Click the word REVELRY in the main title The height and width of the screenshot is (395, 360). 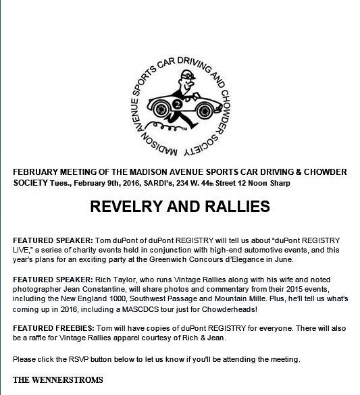pyautogui.click(x=122, y=205)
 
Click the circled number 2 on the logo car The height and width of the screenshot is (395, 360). pyautogui.click(x=176, y=105)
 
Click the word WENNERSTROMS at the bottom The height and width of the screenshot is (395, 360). pyautogui.click(x=71, y=380)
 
